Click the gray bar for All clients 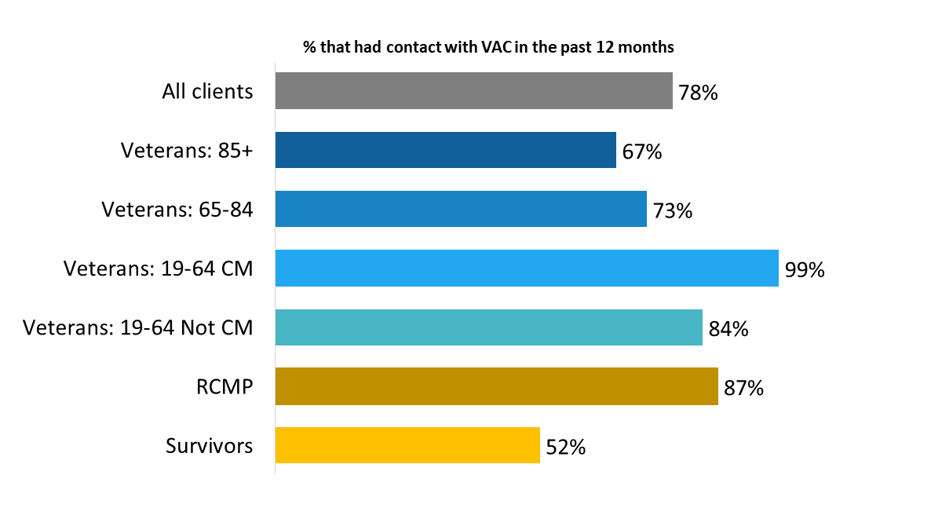click(x=473, y=91)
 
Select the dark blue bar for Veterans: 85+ click(x=445, y=150)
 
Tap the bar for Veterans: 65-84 click(x=461, y=209)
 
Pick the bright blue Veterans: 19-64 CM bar click(x=526, y=269)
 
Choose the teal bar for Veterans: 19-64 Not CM click(x=488, y=327)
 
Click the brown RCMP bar click(x=496, y=386)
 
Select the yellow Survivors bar click(x=407, y=445)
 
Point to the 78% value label click(x=699, y=93)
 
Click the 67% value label click(x=642, y=152)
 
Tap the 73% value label click(x=673, y=211)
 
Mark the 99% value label click(x=805, y=270)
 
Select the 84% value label click(x=728, y=329)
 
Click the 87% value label click(x=744, y=388)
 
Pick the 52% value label click(x=566, y=448)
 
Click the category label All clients click(x=207, y=91)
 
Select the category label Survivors click(x=209, y=446)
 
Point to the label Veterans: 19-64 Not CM click(x=138, y=327)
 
